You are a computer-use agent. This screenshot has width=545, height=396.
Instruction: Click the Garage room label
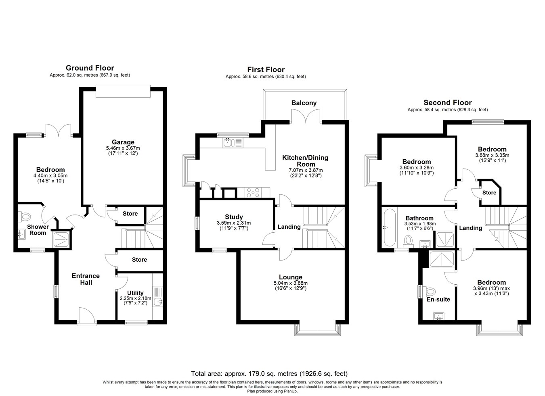coord(123,142)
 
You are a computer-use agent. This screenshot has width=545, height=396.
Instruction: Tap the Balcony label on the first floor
coord(304,103)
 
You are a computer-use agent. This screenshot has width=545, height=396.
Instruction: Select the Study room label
coord(234,217)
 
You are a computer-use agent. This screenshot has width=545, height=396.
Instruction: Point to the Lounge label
coord(291,277)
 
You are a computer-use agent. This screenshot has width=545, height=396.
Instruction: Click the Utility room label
coord(135,293)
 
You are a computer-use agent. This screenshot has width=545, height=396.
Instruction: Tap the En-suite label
coord(438,299)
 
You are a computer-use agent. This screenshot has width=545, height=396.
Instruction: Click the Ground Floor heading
coord(90,68)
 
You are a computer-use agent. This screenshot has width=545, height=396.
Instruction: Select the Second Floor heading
coord(448,102)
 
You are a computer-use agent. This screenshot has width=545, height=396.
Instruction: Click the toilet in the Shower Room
coord(24,217)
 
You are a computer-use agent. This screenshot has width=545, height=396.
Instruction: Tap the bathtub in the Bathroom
coord(390,227)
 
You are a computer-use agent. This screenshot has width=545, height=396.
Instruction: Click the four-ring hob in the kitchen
coord(253,192)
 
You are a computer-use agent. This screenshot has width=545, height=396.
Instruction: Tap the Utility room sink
coord(158,302)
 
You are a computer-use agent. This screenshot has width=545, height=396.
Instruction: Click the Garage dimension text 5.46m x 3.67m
coord(123,148)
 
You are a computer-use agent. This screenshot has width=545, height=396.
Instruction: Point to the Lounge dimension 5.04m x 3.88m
coord(291,283)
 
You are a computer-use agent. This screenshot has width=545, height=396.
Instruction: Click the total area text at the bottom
coord(269,374)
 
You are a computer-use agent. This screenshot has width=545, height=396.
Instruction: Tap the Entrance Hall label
coord(86,279)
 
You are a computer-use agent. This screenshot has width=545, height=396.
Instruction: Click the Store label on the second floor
coord(489,192)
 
